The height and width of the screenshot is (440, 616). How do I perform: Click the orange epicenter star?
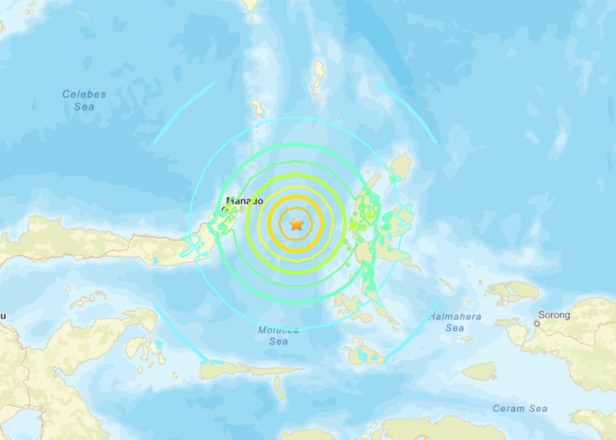(296, 223)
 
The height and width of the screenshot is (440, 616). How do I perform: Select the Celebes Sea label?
(85, 100)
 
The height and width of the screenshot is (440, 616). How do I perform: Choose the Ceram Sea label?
(520, 408)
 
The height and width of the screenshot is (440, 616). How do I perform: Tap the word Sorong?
(553, 314)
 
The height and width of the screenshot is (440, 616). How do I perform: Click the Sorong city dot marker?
(537, 323)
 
